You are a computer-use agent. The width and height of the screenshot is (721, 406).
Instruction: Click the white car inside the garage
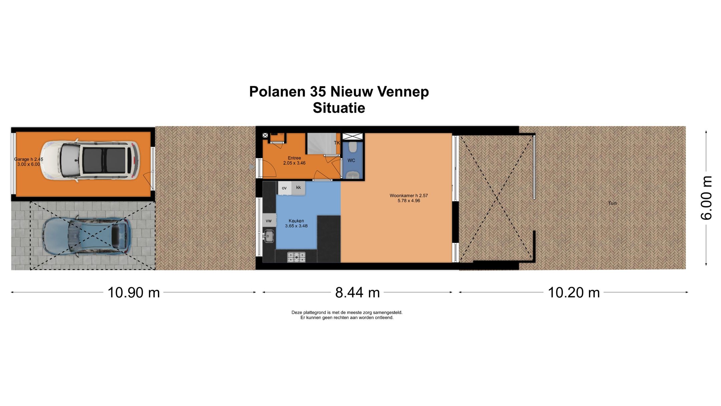90,160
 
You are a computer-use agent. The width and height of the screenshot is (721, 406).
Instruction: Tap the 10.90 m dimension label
134,293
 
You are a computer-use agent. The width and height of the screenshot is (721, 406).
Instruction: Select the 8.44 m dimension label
357,293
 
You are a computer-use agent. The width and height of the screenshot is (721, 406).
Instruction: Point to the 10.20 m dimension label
573,293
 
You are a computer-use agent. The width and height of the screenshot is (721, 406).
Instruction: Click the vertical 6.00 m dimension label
706,198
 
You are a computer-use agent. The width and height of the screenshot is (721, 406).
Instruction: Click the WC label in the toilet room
351,160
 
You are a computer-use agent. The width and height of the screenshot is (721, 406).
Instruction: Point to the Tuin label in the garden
612,203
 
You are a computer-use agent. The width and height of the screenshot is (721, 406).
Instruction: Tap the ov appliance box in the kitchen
284,188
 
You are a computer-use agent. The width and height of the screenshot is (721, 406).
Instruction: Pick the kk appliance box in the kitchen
298,187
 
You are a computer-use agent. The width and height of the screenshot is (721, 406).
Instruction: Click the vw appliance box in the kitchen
269,221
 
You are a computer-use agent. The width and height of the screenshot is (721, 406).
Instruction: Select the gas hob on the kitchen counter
296,257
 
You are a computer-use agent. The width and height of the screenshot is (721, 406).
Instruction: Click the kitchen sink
268,236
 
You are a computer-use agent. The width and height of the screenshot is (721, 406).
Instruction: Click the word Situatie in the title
339,108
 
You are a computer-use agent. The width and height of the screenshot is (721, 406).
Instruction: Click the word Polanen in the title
277,92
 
